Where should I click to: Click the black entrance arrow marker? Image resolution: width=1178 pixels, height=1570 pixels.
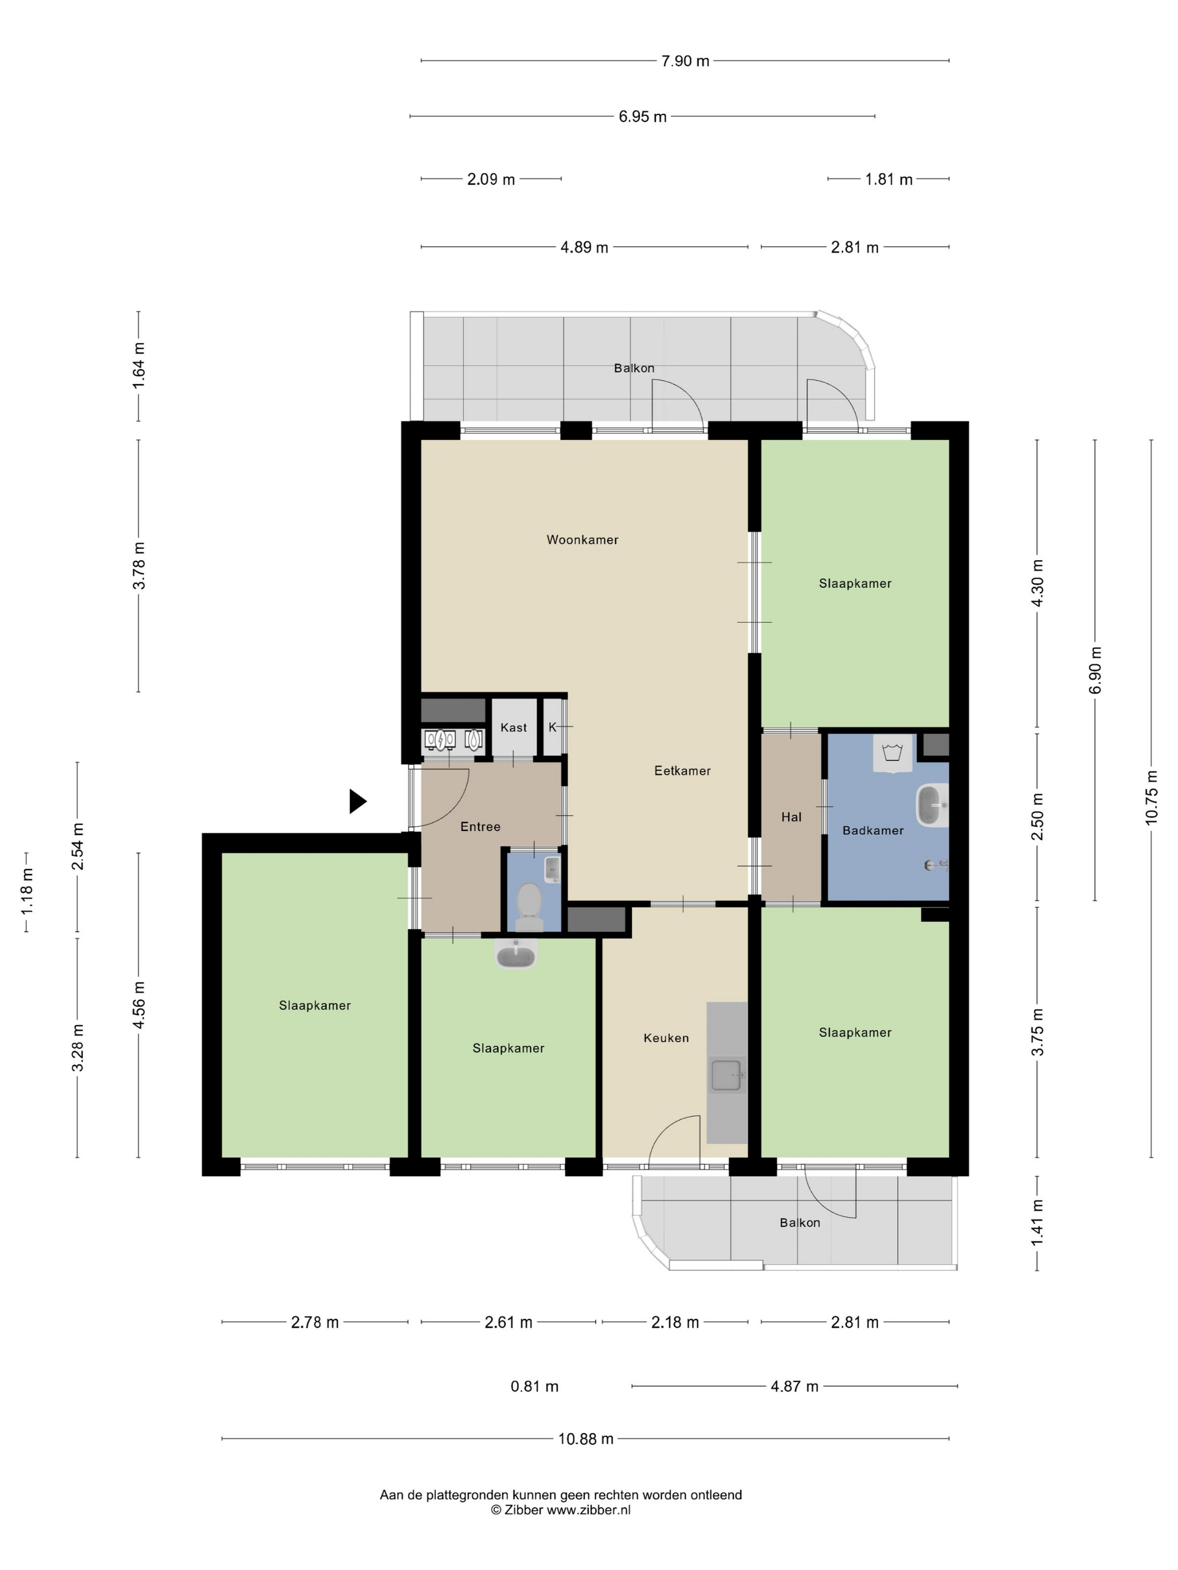click(x=357, y=801)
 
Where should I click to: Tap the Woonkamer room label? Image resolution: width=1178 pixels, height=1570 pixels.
click(x=582, y=539)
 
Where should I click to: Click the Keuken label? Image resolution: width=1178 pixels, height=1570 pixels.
click(x=666, y=1038)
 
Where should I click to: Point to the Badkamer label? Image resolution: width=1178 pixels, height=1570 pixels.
click(x=873, y=830)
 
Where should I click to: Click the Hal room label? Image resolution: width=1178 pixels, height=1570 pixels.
click(x=791, y=817)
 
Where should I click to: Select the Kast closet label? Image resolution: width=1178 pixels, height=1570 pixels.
click(x=513, y=727)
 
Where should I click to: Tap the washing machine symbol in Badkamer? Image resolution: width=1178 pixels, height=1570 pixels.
click(x=892, y=753)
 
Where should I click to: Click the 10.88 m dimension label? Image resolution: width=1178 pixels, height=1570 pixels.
click(x=586, y=1439)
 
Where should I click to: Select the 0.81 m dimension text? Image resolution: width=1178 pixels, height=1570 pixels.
click(x=535, y=1386)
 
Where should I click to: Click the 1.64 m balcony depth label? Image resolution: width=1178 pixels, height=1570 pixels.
click(x=139, y=365)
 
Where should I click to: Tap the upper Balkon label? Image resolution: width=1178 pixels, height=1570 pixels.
click(x=634, y=368)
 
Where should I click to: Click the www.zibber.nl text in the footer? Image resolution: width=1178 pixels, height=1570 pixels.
click(x=588, y=1509)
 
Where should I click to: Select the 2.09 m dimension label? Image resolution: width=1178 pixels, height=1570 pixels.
click(x=491, y=179)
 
